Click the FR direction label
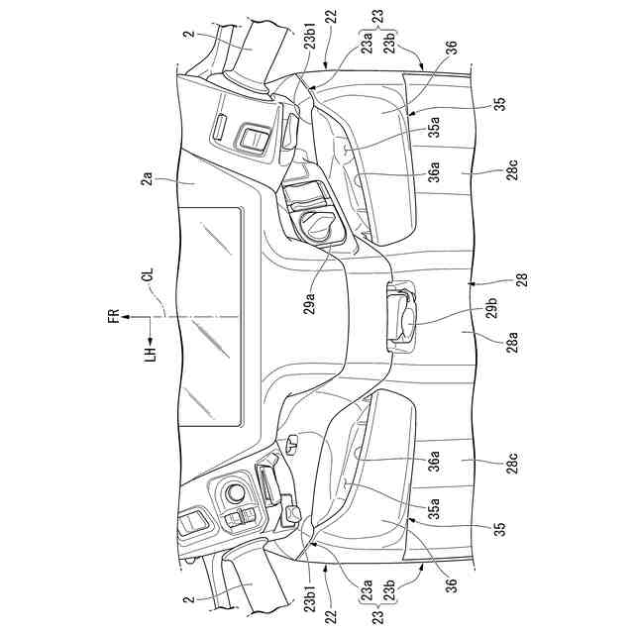click(x=115, y=317)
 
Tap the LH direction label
click(x=150, y=352)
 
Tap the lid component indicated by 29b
click(x=400, y=315)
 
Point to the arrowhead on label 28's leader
click(x=475, y=280)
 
